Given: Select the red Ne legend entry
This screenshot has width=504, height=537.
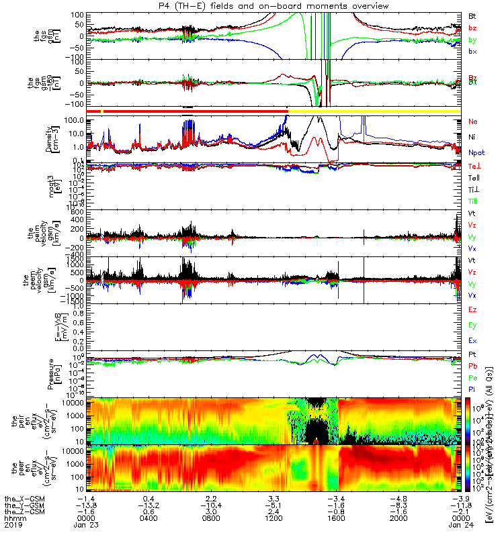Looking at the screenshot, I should (x=473, y=122).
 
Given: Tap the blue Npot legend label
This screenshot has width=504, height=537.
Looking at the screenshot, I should (x=476, y=153).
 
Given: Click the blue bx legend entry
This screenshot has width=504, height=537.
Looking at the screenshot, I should (x=472, y=52).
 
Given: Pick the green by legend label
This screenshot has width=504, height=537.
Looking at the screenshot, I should (x=472, y=40).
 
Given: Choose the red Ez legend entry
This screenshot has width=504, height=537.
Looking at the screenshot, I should (x=472, y=310).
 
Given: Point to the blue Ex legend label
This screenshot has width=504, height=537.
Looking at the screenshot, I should (x=472, y=341).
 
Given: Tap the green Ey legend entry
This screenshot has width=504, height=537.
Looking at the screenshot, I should (x=472, y=326).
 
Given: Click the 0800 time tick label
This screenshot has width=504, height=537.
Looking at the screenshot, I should (x=210, y=518).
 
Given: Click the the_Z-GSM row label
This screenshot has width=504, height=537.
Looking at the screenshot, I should (x=24, y=511).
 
